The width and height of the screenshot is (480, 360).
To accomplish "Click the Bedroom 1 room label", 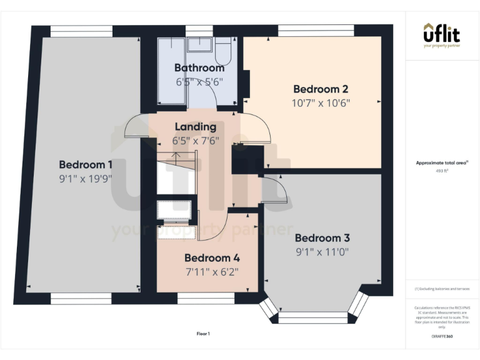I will [86, 164].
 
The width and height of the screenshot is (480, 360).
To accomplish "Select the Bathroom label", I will [199, 67].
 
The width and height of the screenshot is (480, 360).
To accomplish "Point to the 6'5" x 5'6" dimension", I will [199, 81].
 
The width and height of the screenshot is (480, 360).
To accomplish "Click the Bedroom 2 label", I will [320, 89].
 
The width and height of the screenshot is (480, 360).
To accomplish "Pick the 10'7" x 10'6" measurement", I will [320, 102].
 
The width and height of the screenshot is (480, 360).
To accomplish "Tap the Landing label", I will [196, 127].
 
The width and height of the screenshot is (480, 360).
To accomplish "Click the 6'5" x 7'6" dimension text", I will [196, 141].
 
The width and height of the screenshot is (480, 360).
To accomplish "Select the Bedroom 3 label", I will [322, 238].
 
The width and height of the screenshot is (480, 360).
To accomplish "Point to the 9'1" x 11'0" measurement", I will [322, 252].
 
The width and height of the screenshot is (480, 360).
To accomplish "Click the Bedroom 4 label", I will [212, 257].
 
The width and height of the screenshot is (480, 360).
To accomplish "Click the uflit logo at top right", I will [441, 35].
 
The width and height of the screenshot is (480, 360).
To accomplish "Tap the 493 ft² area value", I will [441, 170].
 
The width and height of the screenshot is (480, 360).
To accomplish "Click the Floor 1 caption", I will [203, 334].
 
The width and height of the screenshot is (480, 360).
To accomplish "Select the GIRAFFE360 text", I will [441, 336].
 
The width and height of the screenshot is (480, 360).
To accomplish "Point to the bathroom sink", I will [200, 44].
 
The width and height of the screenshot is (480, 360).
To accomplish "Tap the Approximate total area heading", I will [441, 162].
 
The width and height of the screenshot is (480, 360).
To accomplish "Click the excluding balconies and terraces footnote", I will [441, 289].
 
